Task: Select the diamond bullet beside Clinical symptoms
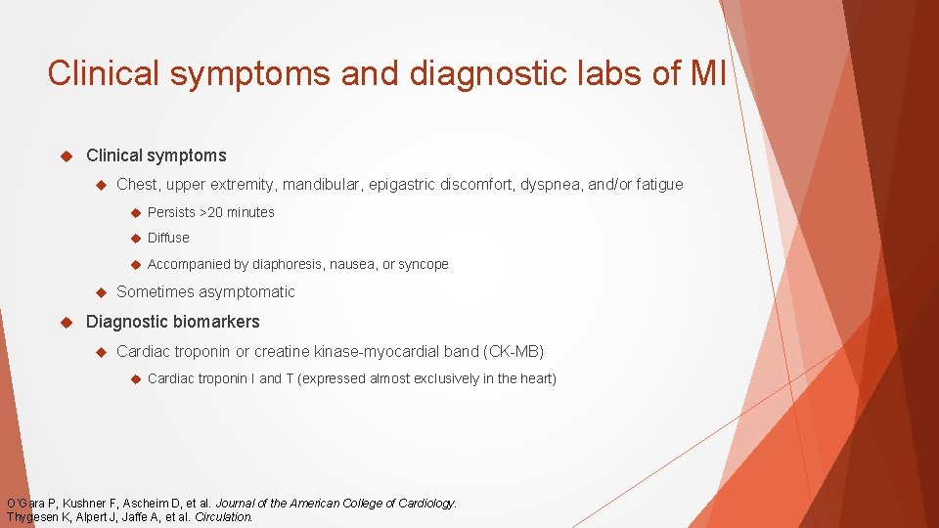point(67,155)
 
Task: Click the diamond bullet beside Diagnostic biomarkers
point(67,322)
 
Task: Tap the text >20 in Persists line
point(214,212)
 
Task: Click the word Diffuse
point(168,238)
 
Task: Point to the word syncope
point(424,264)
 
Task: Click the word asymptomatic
point(246,292)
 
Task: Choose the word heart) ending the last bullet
point(534,378)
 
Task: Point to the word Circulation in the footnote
point(224,516)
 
